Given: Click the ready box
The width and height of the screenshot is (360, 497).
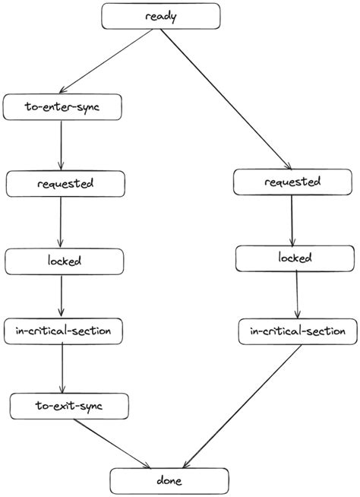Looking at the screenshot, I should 160,16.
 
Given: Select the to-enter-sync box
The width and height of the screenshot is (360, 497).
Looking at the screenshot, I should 62,107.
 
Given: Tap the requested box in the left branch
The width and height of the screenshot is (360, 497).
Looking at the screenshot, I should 65,183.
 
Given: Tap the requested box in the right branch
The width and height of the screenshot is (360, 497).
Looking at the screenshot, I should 292,182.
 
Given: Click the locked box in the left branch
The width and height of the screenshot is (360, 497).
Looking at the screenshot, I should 64,261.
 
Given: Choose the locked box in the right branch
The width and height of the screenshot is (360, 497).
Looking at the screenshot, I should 295,258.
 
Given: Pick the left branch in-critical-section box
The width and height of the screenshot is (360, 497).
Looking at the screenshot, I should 63,331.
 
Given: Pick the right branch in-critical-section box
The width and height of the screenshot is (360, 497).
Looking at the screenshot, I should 298,331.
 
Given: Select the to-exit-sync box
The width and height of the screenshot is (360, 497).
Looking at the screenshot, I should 68,406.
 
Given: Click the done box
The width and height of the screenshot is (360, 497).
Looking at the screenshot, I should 169,481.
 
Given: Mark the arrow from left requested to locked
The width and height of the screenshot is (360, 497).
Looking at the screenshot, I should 61,222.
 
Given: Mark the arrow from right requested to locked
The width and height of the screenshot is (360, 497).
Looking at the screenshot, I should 292,220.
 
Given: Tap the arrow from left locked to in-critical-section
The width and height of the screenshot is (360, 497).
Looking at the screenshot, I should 62,296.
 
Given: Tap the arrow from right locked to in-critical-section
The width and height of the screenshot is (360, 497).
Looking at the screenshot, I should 297,296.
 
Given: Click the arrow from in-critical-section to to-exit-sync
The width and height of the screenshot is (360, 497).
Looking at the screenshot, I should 62,369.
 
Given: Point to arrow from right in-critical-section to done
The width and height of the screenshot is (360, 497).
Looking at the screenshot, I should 243,407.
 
